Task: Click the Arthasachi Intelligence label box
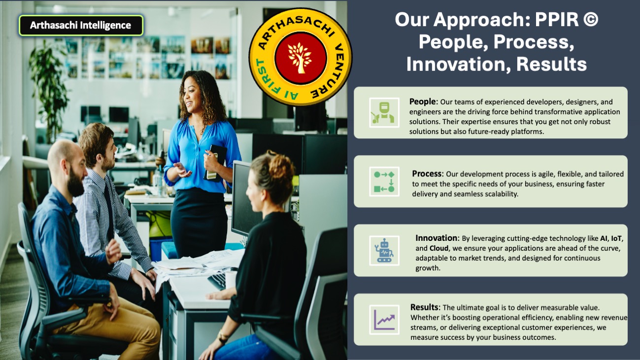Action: (81, 26)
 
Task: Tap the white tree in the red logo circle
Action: (300, 58)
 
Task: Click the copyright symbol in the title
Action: (590, 20)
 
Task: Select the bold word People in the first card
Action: (422, 101)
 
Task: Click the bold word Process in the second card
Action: (427, 173)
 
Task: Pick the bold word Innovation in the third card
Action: (437, 238)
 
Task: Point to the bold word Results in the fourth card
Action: (424, 307)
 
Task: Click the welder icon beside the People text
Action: (384, 112)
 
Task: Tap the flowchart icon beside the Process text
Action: (384, 182)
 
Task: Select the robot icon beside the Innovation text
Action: (384, 251)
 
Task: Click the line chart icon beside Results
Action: (384, 320)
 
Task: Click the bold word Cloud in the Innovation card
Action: (439, 248)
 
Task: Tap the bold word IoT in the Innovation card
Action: (616, 238)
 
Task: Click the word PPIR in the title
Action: (556, 20)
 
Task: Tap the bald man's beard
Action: (75, 182)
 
